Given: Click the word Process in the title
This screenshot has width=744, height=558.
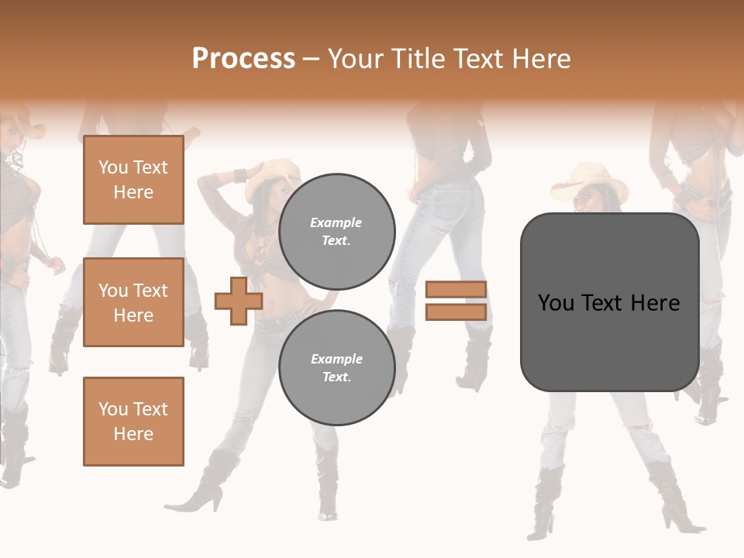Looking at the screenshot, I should click(x=243, y=58).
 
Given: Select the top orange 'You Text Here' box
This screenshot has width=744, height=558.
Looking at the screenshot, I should click(x=133, y=180).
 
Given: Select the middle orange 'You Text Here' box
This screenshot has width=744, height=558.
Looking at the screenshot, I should click(x=133, y=302).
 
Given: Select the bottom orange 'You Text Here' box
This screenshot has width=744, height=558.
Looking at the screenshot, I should click(x=133, y=421).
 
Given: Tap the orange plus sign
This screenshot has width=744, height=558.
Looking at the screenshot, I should click(x=239, y=301).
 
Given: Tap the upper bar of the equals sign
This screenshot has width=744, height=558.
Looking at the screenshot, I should click(x=456, y=289).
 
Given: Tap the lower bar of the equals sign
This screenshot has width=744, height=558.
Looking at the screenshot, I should click(x=456, y=312).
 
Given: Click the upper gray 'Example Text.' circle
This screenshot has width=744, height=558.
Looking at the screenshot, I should click(x=336, y=231).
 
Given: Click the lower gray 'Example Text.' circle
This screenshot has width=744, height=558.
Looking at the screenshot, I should click(x=336, y=367).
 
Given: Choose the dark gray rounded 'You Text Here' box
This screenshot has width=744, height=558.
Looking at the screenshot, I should click(x=609, y=302).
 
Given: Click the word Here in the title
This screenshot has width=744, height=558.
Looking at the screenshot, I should click(x=541, y=58).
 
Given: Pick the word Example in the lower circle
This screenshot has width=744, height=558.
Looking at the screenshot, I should click(x=336, y=359).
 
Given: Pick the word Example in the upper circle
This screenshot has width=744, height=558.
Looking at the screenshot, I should click(x=336, y=222).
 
